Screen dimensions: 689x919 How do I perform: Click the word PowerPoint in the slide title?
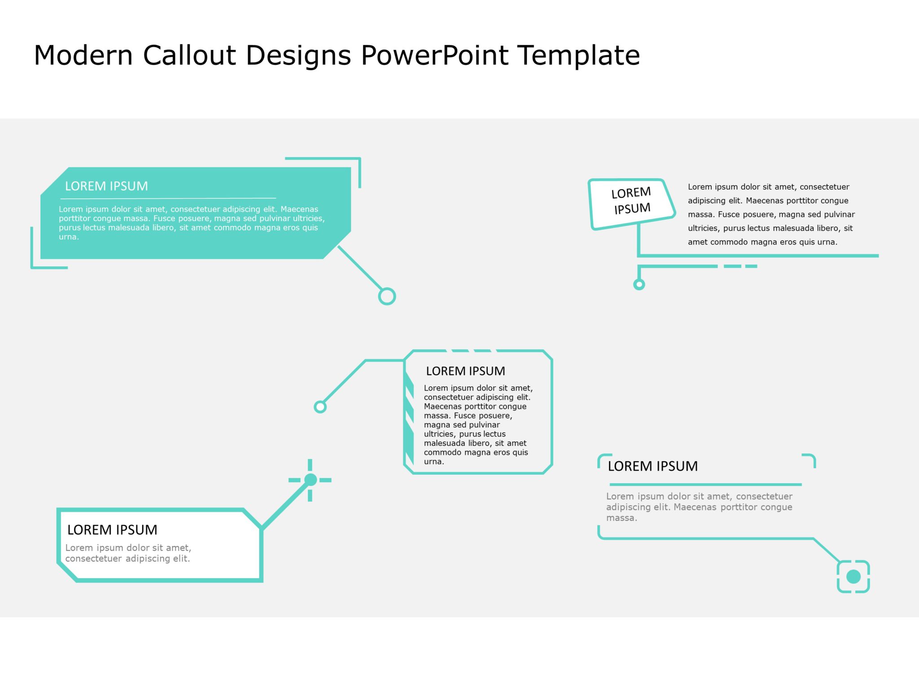(434, 56)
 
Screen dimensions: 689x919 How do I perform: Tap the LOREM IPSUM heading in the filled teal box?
(106, 186)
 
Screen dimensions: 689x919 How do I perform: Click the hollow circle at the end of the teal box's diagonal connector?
(387, 297)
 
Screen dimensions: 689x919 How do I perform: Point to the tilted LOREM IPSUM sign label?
(631, 201)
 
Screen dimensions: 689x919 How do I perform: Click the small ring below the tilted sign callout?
(639, 284)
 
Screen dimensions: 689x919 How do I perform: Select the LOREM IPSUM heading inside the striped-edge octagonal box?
(465, 371)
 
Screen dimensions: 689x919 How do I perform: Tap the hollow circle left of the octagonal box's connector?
(320, 407)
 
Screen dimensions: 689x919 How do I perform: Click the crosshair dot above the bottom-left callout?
(310, 480)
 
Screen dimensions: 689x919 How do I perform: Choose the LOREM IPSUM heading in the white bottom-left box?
(112, 530)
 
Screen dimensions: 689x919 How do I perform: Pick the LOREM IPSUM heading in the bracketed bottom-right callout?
(652, 467)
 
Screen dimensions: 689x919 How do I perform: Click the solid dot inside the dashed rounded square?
(853, 577)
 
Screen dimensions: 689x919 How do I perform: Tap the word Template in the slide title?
(578, 56)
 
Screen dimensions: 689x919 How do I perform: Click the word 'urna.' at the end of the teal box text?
(69, 237)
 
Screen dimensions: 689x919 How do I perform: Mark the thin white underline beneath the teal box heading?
(168, 198)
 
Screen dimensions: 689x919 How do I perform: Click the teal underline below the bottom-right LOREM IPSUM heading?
(705, 484)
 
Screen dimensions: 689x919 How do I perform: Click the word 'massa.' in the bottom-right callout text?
(621, 518)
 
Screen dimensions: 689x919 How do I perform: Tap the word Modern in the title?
(83, 56)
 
